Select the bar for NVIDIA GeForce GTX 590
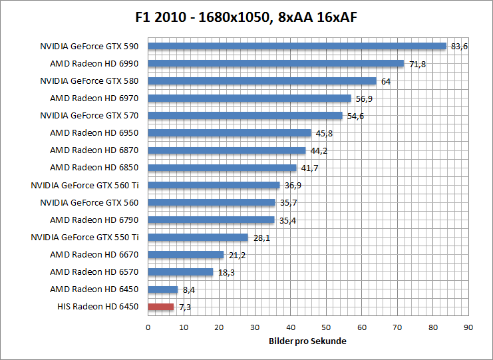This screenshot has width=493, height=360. pyautogui.click(x=297, y=46)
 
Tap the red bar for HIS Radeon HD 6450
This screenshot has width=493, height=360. pyautogui.click(x=160, y=307)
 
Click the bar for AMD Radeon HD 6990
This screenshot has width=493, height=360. pyautogui.click(x=275, y=64)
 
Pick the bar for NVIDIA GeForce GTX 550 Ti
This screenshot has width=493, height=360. pyautogui.click(x=198, y=238)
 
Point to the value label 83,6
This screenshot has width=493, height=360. pyautogui.click(x=460, y=47)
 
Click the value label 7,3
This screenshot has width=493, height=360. pyautogui.click(x=184, y=307)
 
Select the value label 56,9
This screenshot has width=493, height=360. pyautogui.click(x=364, y=98)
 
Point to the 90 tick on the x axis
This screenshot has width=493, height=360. pyautogui.click(x=468, y=327)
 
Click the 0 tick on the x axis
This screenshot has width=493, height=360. pyautogui.click(x=148, y=327)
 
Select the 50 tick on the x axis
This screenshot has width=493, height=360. pyautogui.click(x=326, y=327)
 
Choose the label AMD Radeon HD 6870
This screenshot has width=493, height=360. pyautogui.click(x=94, y=150)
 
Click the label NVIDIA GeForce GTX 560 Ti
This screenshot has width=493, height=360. pyautogui.click(x=84, y=185)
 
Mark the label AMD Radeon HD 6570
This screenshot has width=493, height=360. pyautogui.click(x=94, y=272)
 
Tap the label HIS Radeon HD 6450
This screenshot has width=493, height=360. pyautogui.click(x=98, y=307)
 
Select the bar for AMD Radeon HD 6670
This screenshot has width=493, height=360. pyautogui.click(x=186, y=255)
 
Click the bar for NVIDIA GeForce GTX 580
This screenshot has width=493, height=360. pyautogui.click(x=262, y=81)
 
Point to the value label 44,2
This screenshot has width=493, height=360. pyautogui.click(x=319, y=151)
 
